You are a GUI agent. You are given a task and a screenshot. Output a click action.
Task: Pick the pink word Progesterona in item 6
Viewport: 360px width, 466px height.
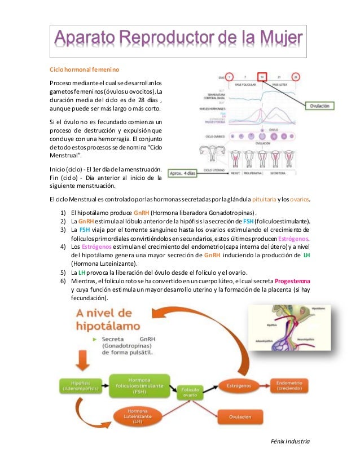coord(291,280)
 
